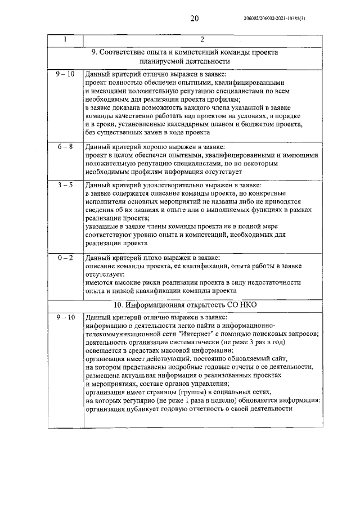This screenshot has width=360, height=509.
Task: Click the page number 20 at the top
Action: pyautogui.click(x=195, y=19)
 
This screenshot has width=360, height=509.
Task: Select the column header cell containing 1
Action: pyautogui.click(x=65, y=39)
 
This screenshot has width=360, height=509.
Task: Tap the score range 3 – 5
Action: pyautogui.click(x=65, y=184)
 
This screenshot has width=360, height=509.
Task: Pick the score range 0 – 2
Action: pyautogui.click(x=65, y=258)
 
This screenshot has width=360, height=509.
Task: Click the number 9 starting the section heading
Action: pyautogui.click(x=94, y=51)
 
